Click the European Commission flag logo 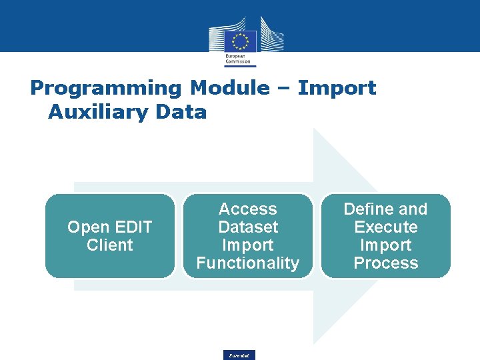point(240,39)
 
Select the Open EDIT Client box point(109,235)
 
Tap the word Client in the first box point(110,245)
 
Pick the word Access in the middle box point(247,209)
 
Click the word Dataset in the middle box point(247,227)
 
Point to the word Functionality point(247,263)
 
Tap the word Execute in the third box point(386,227)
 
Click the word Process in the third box point(386,263)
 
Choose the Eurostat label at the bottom point(239,355)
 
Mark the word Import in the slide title point(337,88)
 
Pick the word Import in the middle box point(247,245)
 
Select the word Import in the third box point(386,245)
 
